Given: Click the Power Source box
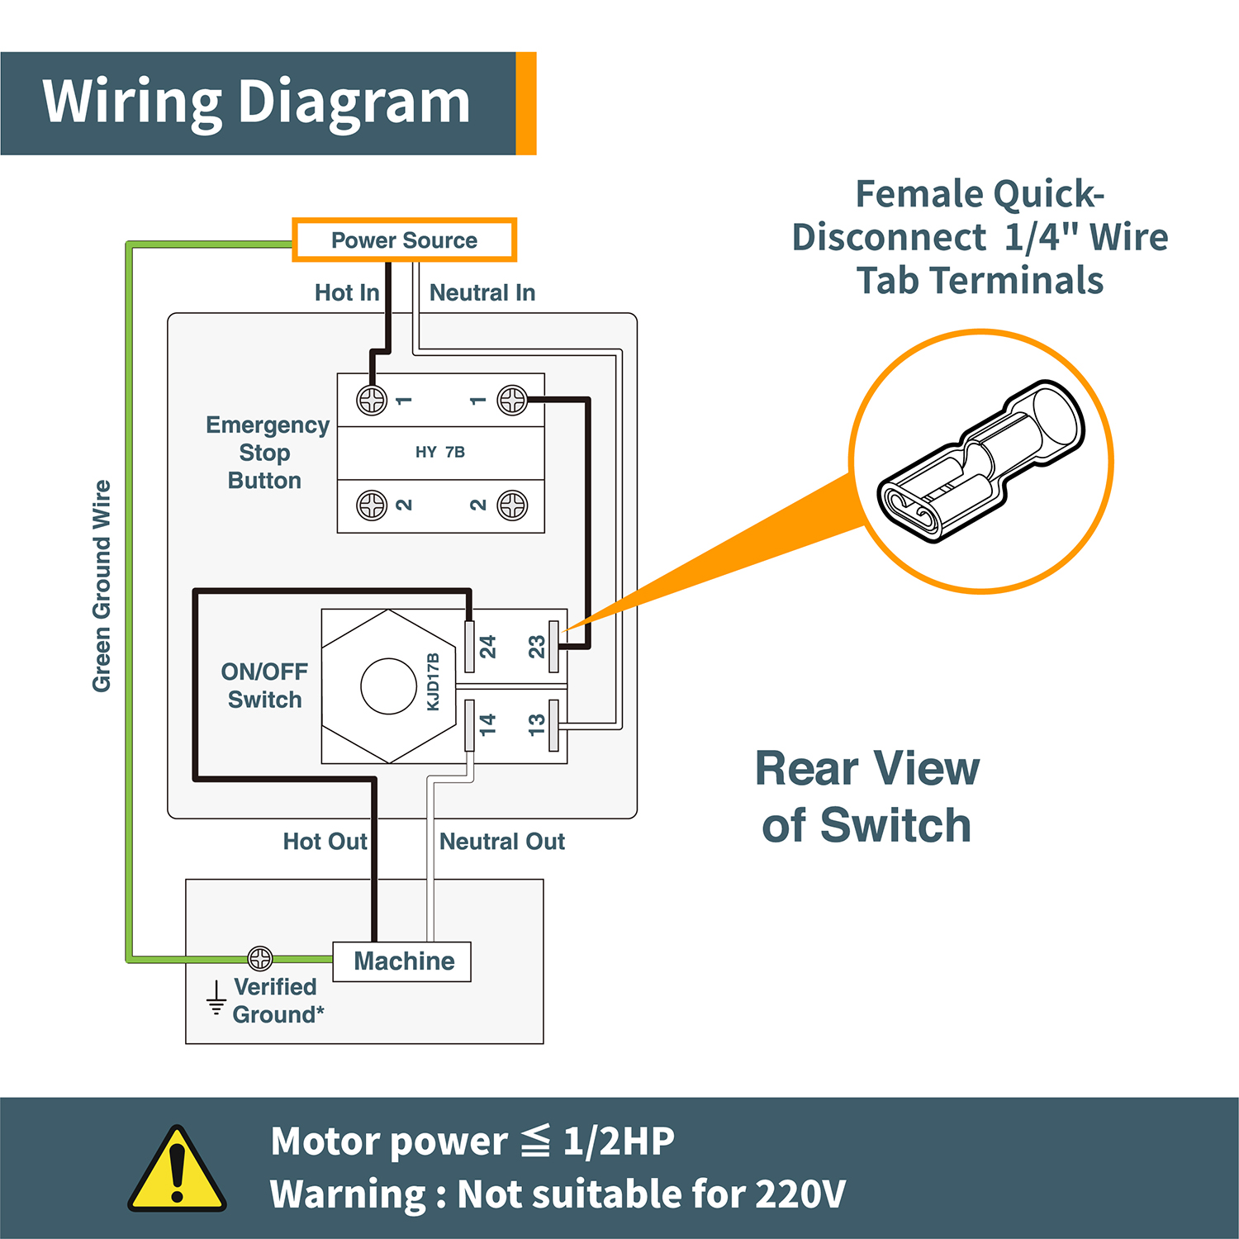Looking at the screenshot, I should [x=404, y=240].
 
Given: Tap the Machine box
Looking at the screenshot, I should [x=402, y=961].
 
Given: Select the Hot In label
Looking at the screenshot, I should [x=346, y=292].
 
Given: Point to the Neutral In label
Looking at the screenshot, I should [x=482, y=292].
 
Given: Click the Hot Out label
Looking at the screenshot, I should [x=324, y=842].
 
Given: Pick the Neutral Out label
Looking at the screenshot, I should [x=502, y=842].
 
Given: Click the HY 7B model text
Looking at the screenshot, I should [x=440, y=452].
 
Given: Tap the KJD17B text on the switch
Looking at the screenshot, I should [x=433, y=682].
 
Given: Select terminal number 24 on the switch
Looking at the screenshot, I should [x=487, y=646].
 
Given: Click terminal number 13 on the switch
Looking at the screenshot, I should [x=537, y=724].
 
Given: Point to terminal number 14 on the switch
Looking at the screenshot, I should [x=487, y=724].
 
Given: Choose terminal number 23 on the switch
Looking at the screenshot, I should [x=537, y=646].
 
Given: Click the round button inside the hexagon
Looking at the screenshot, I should [x=388, y=686].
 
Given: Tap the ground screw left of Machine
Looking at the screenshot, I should [x=260, y=958].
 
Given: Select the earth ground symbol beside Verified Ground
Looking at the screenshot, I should [x=216, y=998].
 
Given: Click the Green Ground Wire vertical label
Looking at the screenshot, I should [x=102, y=586].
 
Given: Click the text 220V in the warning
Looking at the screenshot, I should [x=800, y=1194].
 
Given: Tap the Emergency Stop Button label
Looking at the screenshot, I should [x=266, y=453].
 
